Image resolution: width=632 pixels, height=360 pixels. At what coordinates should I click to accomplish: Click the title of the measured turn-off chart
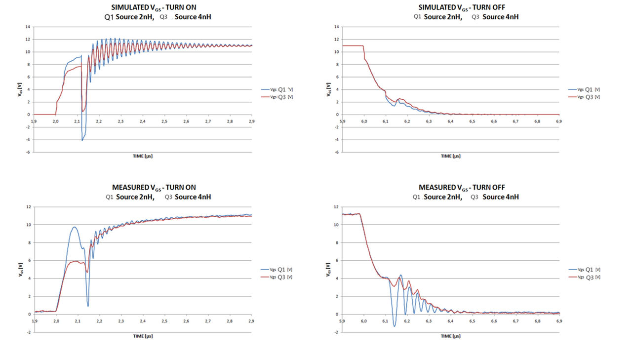pyautogui.click(x=461, y=187)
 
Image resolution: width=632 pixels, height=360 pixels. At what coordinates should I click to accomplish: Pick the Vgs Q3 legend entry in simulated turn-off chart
pyautogui.click(x=585, y=97)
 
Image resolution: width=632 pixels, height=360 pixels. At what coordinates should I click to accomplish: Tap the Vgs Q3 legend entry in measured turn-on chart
pyautogui.click(x=277, y=277)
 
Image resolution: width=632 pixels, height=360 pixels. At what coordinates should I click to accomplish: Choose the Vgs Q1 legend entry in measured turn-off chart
pyautogui.click(x=585, y=270)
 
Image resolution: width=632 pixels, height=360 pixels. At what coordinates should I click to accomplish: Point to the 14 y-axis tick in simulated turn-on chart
pyautogui.click(x=29, y=27)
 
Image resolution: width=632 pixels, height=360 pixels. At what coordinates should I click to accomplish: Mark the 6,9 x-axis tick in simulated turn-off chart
pyautogui.click(x=559, y=121)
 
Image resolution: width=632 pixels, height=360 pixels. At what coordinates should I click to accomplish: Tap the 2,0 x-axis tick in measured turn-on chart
pyautogui.click(x=56, y=321)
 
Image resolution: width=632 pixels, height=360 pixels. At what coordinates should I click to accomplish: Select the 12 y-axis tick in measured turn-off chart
pyautogui.click(x=336, y=206)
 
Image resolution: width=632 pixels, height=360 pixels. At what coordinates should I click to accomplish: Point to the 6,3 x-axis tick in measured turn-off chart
pyautogui.click(x=429, y=321)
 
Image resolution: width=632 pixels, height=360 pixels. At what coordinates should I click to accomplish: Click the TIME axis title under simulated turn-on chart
pyautogui.click(x=142, y=156)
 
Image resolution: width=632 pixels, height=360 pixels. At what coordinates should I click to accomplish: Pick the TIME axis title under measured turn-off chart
pyautogui.click(x=450, y=336)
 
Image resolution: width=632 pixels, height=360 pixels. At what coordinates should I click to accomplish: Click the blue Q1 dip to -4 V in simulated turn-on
pyautogui.click(x=82, y=140)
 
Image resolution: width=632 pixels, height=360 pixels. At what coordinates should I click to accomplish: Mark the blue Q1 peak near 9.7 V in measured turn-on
pyautogui.click(x=74, y=227)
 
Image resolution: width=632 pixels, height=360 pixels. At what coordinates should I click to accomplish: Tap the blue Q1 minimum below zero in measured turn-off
pyautogui.click(x=394, y=326)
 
